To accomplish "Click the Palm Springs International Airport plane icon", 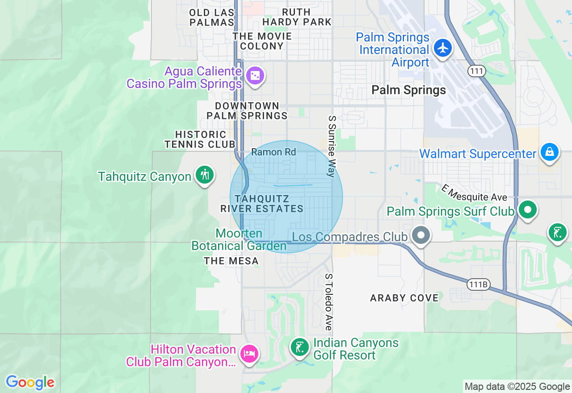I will (443, 47).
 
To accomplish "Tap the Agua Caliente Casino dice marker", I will (255, 76).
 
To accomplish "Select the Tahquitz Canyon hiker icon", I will (205, 175).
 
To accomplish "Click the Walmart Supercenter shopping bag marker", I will (549, 152).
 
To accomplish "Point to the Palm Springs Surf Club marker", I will (528, 209).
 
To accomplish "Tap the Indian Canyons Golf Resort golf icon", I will (300, 347).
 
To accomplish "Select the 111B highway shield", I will (478, 284).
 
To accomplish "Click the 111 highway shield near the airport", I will (477, 71).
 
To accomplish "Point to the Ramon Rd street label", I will (273, 152).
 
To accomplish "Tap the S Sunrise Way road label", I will (332, 146).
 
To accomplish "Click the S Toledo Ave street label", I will (329, 302).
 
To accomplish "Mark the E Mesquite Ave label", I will (474, 192).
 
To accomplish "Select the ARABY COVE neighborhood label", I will (404, 298).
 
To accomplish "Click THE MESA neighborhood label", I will (231, 261).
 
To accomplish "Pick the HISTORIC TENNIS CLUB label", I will (200, 139).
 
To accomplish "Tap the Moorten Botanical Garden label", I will (239, 240).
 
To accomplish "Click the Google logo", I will (30, 382).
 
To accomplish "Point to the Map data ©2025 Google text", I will (517, 387).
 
